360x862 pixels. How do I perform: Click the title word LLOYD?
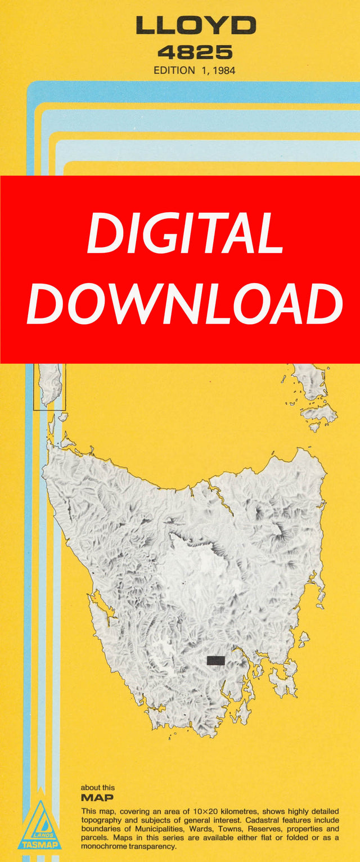pos(195,25)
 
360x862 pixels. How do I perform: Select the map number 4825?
pos(195,52)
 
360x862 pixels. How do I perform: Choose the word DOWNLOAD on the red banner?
pos(185,304)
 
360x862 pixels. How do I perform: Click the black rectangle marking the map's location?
pos(216,660)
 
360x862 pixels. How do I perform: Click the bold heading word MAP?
pos(97,798)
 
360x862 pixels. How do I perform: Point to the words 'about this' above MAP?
pos(97,788)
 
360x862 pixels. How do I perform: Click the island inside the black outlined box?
pos(49,384)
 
